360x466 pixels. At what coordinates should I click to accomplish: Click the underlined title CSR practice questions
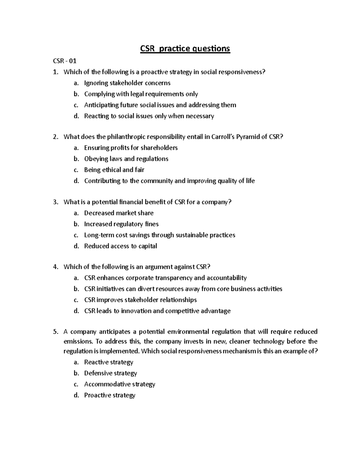[185, 48]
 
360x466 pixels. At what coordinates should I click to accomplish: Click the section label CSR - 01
[64, 61]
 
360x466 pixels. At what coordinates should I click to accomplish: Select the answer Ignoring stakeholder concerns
[127, 83]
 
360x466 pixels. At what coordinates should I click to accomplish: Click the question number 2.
[55, 137]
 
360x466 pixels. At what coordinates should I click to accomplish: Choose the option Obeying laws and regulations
[126, 159]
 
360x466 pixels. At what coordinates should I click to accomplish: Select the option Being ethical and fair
[114, 170]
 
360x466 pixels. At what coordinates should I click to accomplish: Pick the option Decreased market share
[119, 213]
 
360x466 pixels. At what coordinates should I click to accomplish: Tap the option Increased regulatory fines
[121, 224]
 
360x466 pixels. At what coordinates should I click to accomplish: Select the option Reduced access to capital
[120, 246]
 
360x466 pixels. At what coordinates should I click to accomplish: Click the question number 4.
[55, 267]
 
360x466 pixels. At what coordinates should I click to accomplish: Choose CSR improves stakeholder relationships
[140, 300]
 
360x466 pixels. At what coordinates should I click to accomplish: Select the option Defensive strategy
[110, 373]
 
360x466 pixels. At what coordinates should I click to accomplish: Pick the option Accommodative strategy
[119, 384]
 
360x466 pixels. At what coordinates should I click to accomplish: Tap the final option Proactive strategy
[109, 395]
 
